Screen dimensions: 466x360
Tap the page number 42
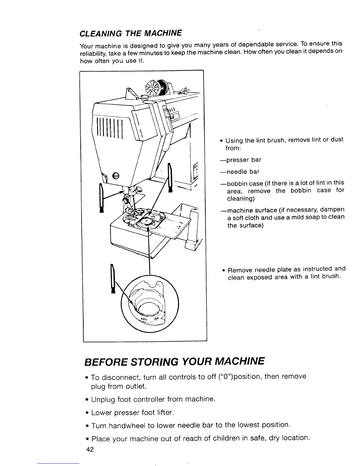point(90,450)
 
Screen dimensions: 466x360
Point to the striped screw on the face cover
point(116,175)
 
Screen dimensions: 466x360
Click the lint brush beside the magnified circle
point(112,279)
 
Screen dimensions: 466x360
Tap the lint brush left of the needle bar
point(102,197)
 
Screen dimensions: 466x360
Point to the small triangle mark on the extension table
point(178,228)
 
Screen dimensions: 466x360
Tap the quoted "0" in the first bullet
point(224,377)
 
